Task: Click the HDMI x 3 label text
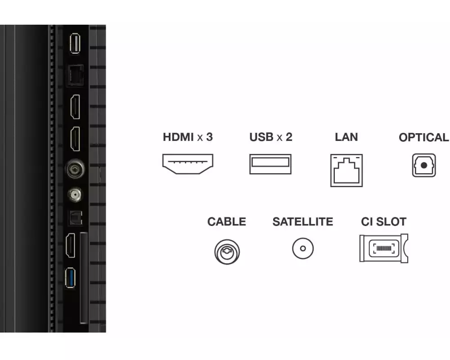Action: [188, 137]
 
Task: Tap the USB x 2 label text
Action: [270, 137]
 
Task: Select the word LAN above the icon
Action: [346, 137]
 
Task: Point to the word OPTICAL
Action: [424, 137]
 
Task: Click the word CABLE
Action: [226, 222]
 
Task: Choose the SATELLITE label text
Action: [303, 222]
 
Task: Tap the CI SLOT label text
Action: [384, 222]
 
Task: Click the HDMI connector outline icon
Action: [188, 156]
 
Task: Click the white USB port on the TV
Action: [75, 43]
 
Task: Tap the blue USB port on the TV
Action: [70, 278]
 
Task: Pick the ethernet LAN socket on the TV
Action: [75, 76]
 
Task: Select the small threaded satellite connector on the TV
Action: [75, 195]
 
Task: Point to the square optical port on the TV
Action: [76, 218]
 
